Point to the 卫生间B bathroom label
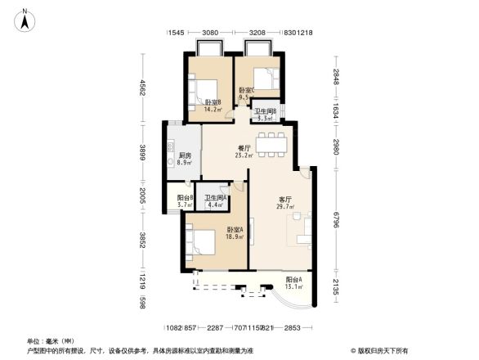pyautogui.click(x=265, y=115)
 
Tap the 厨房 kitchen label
pyautogui.click(x=185, y=158)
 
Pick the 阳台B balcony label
pyautogui.click(x=185, y=200)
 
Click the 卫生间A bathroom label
pyautogui.click(x=215, y=200)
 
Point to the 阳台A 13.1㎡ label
pyautogui.click(x=294, y=283)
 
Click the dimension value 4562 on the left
pyautogui.click(x=141, y=87)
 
